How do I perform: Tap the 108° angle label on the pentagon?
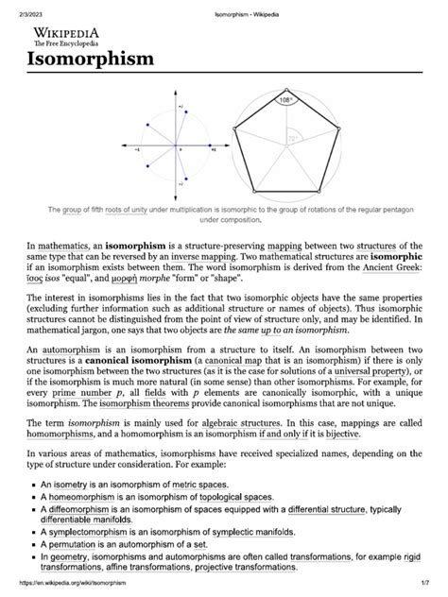pos(286,97)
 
